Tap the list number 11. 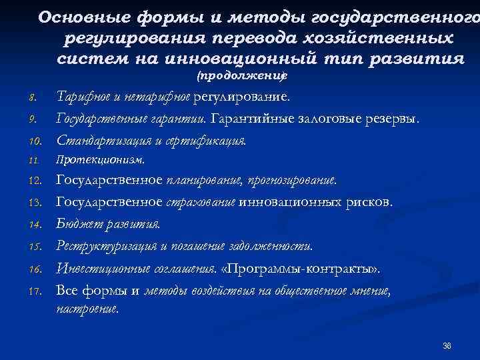[x=33, y=161]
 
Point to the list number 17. [x=34, y=291]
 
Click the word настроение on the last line [x=87, y=309]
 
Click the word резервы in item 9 [x=394, y=119]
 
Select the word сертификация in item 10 [x=211, y=141]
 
